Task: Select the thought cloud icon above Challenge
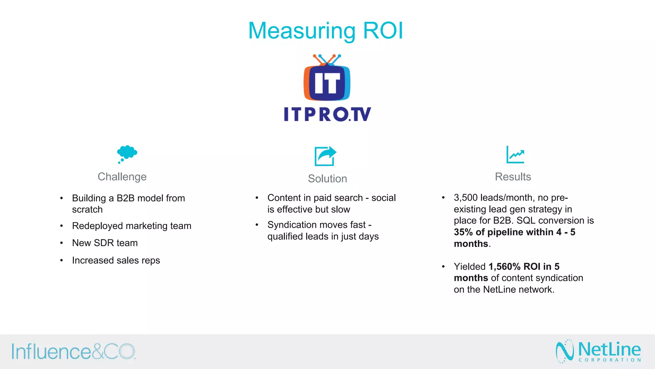pos(127,153)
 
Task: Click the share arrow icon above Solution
pos(325,156)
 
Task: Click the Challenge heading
pos(122,177)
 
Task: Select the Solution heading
pos(327,179)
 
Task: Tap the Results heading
pos(513,177)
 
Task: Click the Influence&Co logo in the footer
pos(74,351)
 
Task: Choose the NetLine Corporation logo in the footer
pos(598,351)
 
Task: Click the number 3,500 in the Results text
pos(465,198)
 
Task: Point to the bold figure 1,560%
pos(504,266)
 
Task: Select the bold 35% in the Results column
pos(463,232)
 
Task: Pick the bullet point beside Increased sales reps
pos(61,260)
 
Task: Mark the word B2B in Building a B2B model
pos(125,198)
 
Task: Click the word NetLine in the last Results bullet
pos(499,290)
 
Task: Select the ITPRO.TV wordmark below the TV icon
pos(327,114)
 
